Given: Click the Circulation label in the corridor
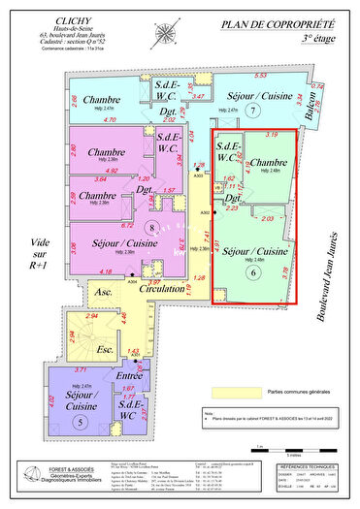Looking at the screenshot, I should (x=161, y=289).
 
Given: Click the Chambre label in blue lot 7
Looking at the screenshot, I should (x=101, y=101).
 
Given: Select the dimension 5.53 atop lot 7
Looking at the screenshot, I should (x=260, y=75).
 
